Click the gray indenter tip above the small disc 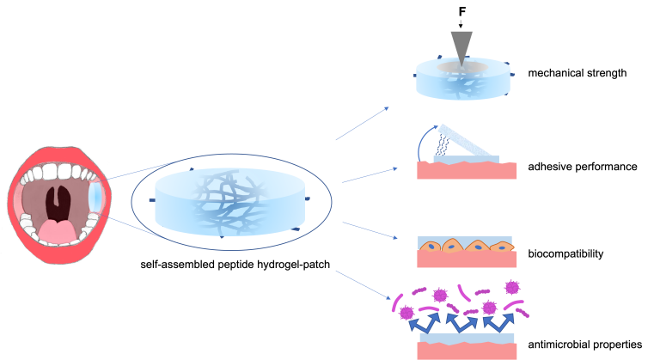click(x=461, y=45)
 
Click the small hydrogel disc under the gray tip click(x=463, y=84)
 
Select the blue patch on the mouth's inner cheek click(x=95, y=198)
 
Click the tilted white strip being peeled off click(x=464, y=143)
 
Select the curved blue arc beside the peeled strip click(x=422, y=141)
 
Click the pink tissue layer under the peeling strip click(x=467, y=171)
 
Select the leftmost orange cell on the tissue click(x=430, y=247)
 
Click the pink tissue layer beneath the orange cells click(x=467, y=260)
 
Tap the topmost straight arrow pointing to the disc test click(x=362, y=124)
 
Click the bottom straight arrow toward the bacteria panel click(x=363, y=284)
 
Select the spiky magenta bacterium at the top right click(x=512, y=288)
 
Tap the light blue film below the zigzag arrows click(x=467, y=339)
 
